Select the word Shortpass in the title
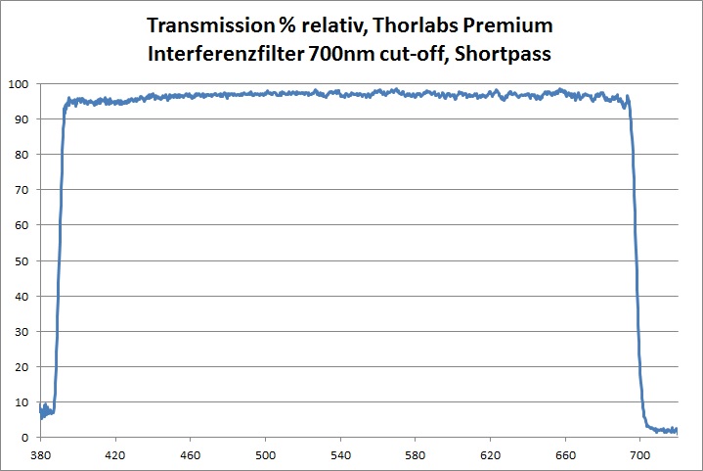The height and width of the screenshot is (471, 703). pos(504,54)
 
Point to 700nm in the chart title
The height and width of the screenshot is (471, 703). pos(334,54)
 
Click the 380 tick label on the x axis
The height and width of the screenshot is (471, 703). pos(40,455)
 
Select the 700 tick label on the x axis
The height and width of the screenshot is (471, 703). pos(640,455)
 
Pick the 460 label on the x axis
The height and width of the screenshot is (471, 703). pos(191,455)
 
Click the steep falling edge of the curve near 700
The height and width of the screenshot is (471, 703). pos(636,264)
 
